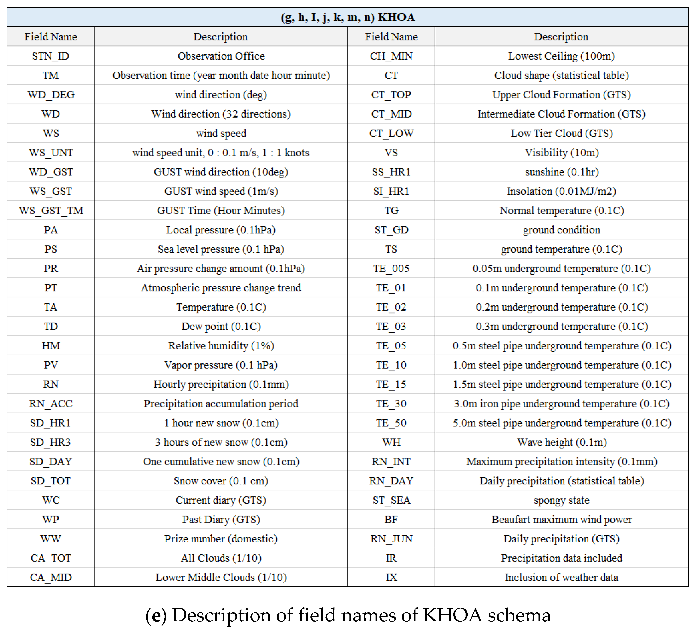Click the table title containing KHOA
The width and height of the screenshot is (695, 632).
click(x=348, y=17)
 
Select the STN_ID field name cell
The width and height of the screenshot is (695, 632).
click(x=51, y=56)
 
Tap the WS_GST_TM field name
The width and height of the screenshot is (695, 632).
click(x=51, y=210)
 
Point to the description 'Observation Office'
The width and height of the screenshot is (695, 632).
click(x=221, y=56)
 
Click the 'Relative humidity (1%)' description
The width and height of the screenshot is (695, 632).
click(x=221, y=346)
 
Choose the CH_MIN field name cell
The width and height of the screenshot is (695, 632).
click(x=391, y=56)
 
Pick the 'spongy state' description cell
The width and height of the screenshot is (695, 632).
click(x=561, y=500)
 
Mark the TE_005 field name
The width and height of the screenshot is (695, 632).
click(x=391, y=268)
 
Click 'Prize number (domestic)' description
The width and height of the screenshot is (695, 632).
click(x=221, y=539)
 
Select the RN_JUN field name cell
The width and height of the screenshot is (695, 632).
click(x=391, y=539)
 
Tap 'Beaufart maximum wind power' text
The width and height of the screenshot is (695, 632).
click(x=561, y=520)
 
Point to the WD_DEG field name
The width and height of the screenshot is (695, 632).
click(x=51, y=94)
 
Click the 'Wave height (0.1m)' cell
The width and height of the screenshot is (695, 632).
click(x=561, y=442)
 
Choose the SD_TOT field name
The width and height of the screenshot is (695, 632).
click(x=51, y=481)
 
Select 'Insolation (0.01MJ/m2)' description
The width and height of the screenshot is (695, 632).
click(x=561, y=191)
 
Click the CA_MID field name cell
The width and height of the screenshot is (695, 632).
click(x=51, y=577)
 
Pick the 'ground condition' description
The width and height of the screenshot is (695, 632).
click(x=561, y=230)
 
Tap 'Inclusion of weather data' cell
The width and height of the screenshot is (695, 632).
click(x=561, y=577)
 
